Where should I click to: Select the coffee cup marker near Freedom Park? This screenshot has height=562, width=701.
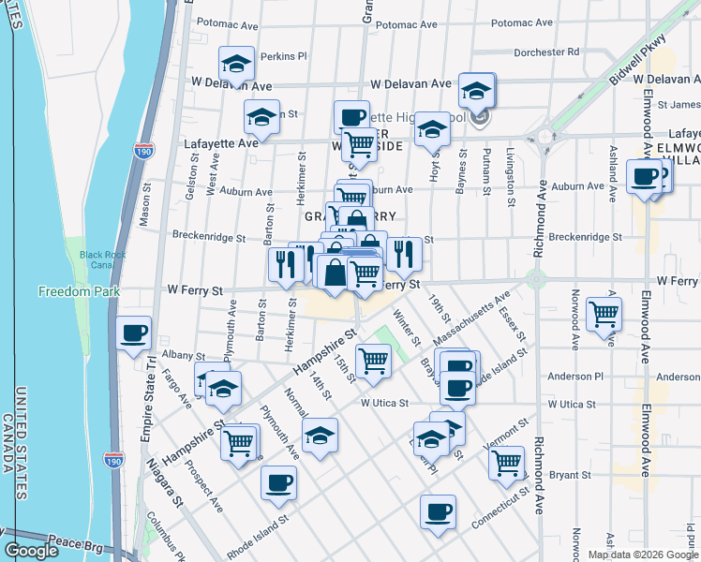[134, 333]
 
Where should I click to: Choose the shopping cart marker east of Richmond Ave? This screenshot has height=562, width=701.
[604, 313]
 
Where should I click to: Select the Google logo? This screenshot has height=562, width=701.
[31, 551]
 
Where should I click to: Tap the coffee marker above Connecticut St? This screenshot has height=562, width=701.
[438, 511]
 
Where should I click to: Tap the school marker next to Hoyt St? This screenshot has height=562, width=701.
[432, 129]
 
